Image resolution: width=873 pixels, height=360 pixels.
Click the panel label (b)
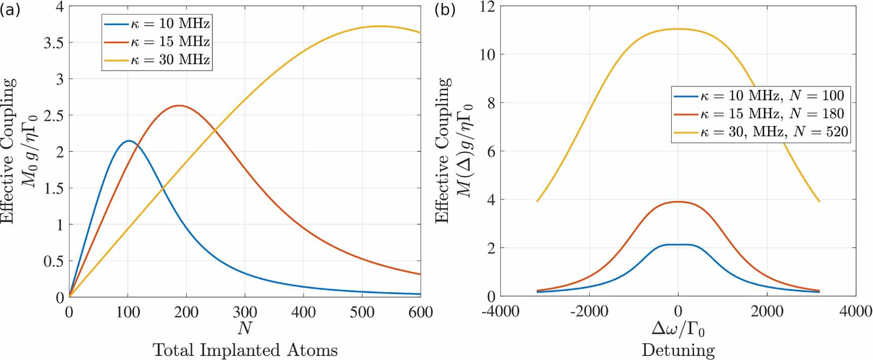(445, 10)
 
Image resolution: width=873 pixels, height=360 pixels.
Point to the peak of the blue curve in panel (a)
(129, 141)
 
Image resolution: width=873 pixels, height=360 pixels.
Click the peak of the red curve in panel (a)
(179, 105)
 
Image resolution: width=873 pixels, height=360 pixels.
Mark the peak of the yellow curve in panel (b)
(678, 29)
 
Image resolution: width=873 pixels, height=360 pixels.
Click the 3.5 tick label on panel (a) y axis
(54, 43)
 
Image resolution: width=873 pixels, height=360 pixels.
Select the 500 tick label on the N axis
(362, 312)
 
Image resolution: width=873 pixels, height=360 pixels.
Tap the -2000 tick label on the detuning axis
(589, 311)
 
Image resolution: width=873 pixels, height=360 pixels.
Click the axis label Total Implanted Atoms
(245, 350)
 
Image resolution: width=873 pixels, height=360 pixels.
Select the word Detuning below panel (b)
(678, 350)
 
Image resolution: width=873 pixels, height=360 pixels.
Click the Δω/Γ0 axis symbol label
(678, 329)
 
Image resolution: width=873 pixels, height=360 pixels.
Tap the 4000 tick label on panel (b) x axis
(855, 311)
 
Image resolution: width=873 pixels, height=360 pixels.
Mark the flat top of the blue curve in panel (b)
(678, 245)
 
